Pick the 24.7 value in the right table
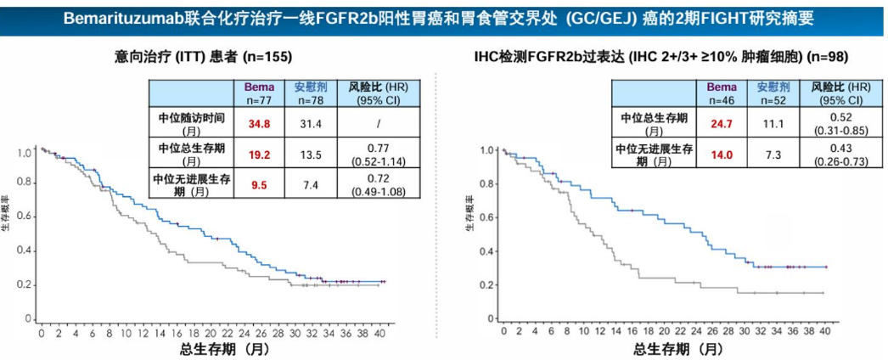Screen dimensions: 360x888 pyautogui.click(x=721, y=124)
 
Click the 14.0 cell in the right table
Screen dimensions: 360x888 pyautogui.click(x=721, y=155)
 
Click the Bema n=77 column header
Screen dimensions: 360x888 pyautogui.click(x=259, y=93)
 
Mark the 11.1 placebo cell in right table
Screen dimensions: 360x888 pyautogui.click(x=773, y=124)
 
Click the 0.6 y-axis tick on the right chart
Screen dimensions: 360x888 pyautogui.click(x=486, y=217)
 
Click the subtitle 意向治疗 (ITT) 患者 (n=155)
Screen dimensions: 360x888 pyautogui.click(x=203, y=57)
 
